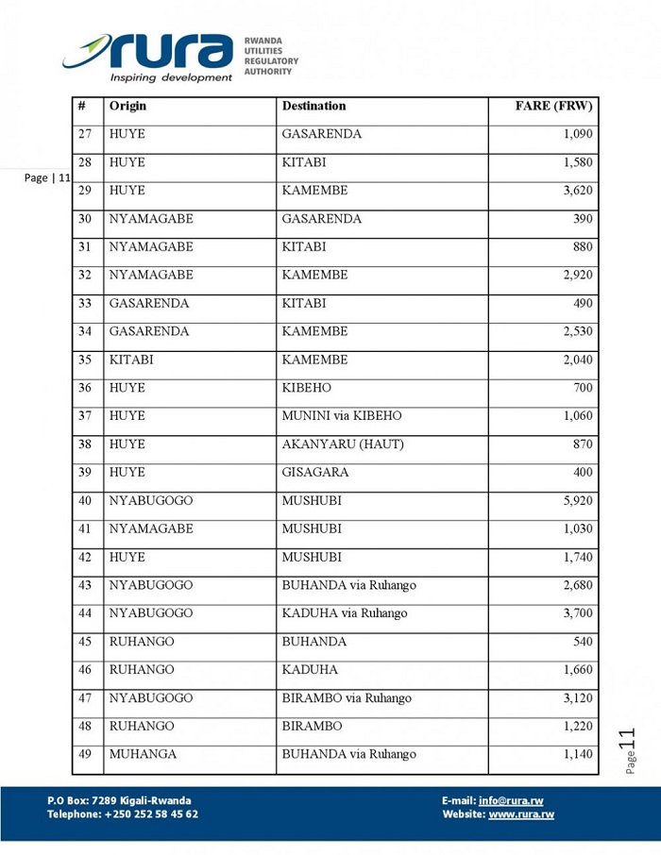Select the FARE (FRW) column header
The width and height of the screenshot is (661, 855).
pyautogui.click(x=553, y=107)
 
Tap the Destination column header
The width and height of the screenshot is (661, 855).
pyautogui.click(x=314, y=107)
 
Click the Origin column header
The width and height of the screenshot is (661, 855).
pyautogui.click(x=127, y=107)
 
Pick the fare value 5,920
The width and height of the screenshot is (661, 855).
pyautogui.click(x=577, y=501)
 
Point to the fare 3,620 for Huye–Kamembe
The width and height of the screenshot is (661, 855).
pyautogui.click(x=577, y=191)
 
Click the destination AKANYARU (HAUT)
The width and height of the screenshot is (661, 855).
pyautogui.click(x=342, y=444)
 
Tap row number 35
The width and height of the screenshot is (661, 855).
pyautogui.click(x=85, y=360)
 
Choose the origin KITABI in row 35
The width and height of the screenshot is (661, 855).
pyautogui.click(x=130, y=360)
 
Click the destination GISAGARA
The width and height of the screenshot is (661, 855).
pyautogui.click(x=314, y=473)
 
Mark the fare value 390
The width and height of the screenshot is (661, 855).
pyautogui.click(x=583, y=219)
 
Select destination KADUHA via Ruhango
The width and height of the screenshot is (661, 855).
pyautogui.click(x=344, y=613)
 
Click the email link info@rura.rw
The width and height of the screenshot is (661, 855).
pyautogui.click(x=511, y=801)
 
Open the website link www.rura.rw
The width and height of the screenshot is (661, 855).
pyautogui.click(x=520, y=814)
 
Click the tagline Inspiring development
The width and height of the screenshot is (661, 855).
pyautogui.click(x=171, y=77)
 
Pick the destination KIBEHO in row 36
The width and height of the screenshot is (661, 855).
pyautogui.click(x=306, y=388)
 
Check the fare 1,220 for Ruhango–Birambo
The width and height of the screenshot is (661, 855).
pyautogui.click(x=577, y=727)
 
